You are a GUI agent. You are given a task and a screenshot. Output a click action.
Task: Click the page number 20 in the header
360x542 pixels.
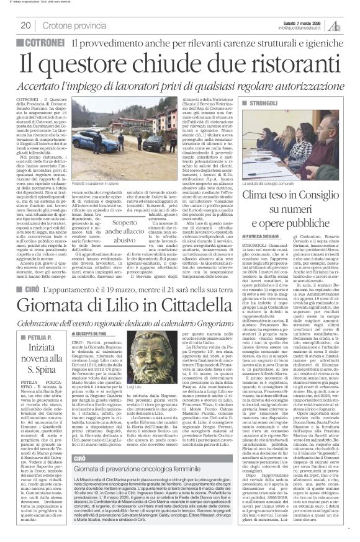point(26,25)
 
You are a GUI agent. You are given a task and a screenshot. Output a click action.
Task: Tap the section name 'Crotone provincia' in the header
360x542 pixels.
point(68,25)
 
